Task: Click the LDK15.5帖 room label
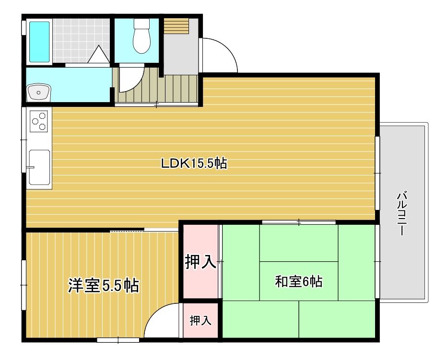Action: click(x=194, y=163)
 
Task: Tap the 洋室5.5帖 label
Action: click(x=104, y=286)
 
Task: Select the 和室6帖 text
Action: click(x=299, y=281)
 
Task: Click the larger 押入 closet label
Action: click(x=200, y=262)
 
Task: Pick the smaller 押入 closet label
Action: click(x=200, y=320)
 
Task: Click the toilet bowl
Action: click(x=141, y=36)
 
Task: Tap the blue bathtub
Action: click(x=39, y=42)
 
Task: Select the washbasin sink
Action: click(x=38, y=93)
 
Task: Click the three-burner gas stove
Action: click(x=39, y=121)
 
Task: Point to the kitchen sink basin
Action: click(x=40, y=167)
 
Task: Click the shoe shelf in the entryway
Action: click(x=176, y=26)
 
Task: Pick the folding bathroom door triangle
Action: click(x=98, y=54)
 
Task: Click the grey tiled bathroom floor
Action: click(x=81, y=40)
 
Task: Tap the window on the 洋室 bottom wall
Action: click(x=118, y=340)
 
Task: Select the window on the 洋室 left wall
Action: click(x=24, y=285)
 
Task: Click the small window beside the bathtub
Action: click(x=24, y=28)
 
